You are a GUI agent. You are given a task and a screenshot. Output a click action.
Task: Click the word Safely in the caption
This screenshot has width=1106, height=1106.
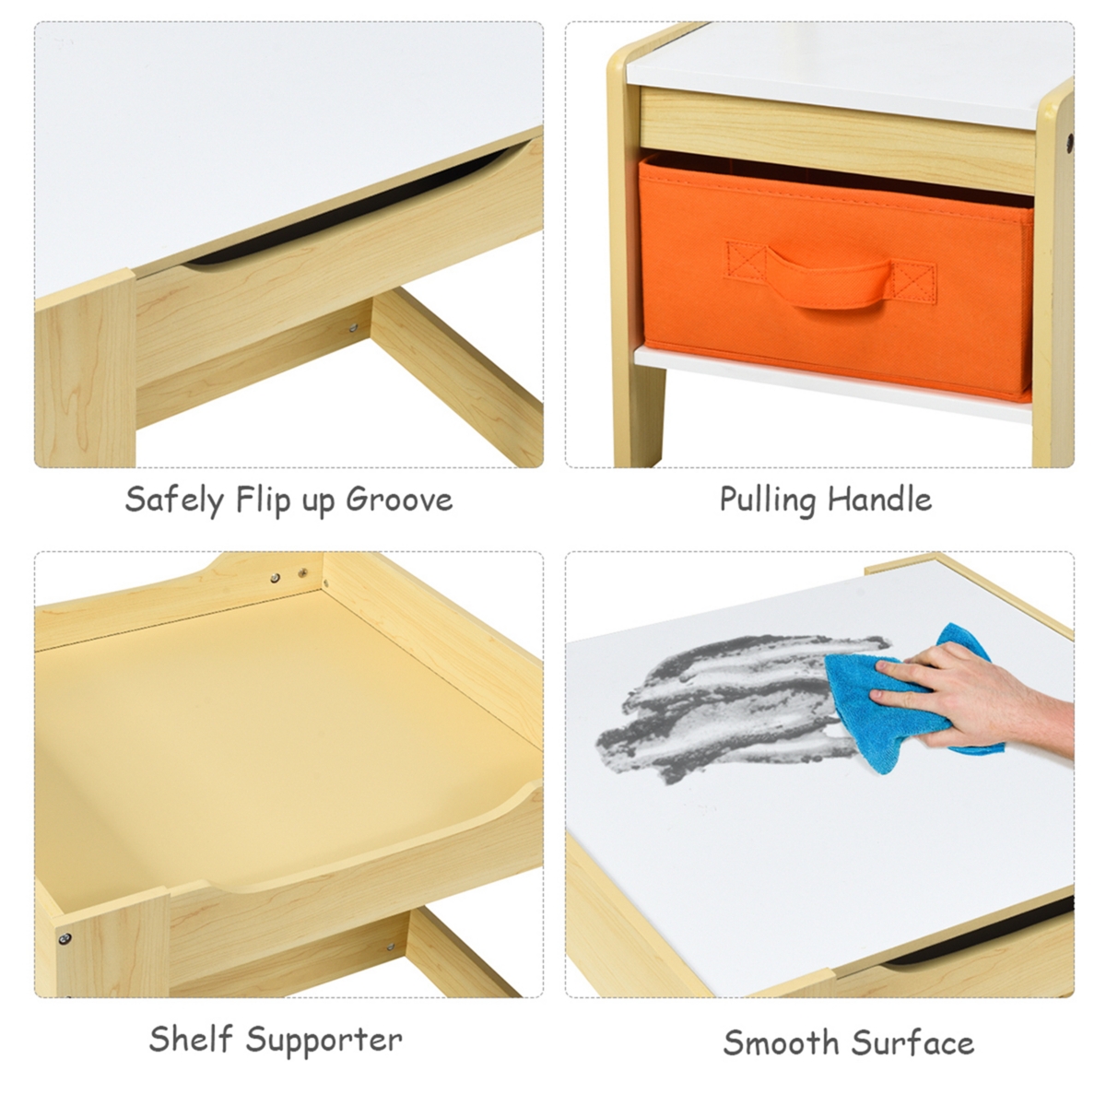(174, 500)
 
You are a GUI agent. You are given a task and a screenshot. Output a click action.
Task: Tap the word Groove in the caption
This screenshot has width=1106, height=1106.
(399, 499)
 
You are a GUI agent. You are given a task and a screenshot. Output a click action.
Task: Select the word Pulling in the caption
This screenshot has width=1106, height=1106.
(768, 500)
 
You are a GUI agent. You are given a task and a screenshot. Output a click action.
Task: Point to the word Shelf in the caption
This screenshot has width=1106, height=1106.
(191, 1039)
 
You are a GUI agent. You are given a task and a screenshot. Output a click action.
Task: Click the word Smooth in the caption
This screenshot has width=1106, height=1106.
(782, 1041)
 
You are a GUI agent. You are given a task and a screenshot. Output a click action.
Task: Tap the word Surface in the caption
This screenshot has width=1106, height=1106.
(912, 1041)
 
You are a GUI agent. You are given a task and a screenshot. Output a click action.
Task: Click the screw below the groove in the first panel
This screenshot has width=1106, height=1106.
(352, 328)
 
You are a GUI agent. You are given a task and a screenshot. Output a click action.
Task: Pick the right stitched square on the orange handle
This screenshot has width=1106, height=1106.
(913, 283)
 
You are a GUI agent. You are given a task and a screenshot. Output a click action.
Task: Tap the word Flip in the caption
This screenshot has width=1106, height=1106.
(264, 500)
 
